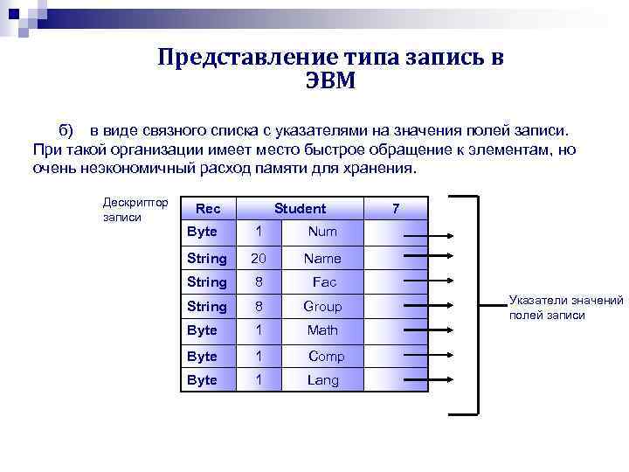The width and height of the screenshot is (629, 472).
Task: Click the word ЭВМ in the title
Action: coord(331,80)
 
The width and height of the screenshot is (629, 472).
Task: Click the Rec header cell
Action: coord(208,209)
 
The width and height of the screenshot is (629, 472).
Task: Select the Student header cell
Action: coord(300,209)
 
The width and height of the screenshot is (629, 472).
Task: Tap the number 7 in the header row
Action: coord(396,209)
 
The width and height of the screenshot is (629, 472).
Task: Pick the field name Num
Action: coord(322,233)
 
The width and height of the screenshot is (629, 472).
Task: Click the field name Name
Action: coord(322,259)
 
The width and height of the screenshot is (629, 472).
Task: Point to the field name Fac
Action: coord(324,282)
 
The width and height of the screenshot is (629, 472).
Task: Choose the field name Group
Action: coord(322,307)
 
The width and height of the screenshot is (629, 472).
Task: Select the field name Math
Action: coord(322,330)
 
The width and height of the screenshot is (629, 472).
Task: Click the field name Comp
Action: coord(326,356)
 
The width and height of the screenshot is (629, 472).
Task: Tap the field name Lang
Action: coord(322,379)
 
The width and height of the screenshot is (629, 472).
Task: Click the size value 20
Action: coord(257,259)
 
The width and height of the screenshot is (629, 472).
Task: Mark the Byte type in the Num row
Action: coord(202,233)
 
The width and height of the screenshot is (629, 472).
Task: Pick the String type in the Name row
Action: coord(207,259)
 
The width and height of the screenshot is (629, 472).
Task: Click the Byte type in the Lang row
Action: coord(202,379)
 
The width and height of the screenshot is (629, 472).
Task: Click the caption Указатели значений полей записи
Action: coord(566,308)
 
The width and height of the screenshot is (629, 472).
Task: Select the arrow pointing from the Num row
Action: coord(426,235)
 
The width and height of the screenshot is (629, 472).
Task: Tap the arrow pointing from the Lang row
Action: coord(426,381)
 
